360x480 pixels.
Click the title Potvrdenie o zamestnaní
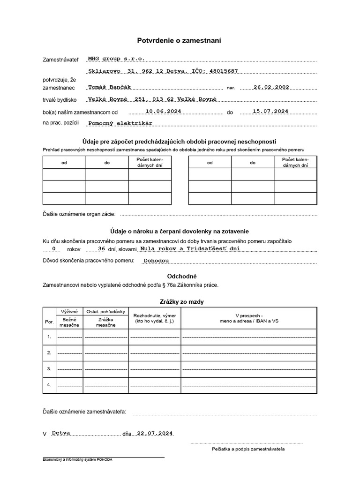point(179,41)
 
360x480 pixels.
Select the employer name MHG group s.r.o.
point(116,59)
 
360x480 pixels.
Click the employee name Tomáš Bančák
point(110,87)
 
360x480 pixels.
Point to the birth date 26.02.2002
point(271,87)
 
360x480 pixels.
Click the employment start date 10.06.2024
point(163,111)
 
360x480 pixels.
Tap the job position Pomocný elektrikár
point(120,123)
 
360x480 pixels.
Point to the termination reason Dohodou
point(157,260)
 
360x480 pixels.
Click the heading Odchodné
point(180,277)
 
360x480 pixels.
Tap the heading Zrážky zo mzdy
point(180,302)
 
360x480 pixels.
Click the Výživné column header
point(69,312)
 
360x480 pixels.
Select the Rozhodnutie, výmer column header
point(154,319)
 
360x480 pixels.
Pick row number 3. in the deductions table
point(49,368)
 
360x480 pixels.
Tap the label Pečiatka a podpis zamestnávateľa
point(248,449)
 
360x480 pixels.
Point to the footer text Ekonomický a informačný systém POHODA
point(77,460)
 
